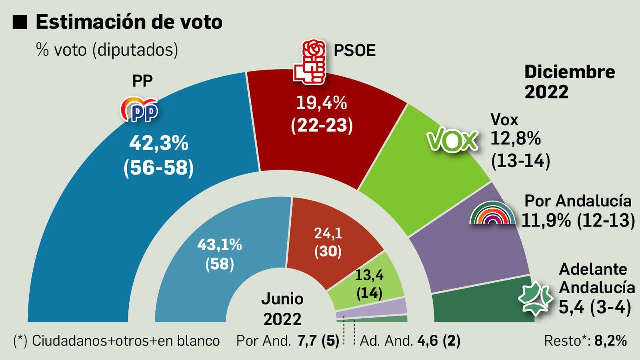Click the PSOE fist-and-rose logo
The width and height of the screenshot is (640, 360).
[x=309, y=62]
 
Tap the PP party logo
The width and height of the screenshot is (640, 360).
[x=139, y=109]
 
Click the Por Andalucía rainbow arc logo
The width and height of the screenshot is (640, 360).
[x=492, y=213]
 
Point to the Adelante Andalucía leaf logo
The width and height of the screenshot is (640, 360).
[x=535, y=298]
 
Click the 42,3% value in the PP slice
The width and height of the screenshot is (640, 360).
[x=159, y=143]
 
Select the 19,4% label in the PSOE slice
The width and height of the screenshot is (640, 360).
[x=321, y=103]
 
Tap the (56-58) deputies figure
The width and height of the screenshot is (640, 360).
[x=159, y=168]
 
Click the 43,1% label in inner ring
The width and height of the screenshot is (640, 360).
[x=220, y=244]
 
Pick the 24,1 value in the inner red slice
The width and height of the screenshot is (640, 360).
[x=328, y=233]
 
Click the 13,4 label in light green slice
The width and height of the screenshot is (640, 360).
[x=369, y=275]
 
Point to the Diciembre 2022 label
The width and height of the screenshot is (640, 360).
[x=569, y=82]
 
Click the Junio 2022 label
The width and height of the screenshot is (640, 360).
[x=282, y=309]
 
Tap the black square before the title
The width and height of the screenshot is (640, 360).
[x=20, y=22]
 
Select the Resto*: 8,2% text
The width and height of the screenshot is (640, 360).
[x=585, y=341]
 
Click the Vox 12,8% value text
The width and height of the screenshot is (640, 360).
[x=516, y=139]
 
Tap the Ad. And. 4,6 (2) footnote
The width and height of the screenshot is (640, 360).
[x=410, y=341]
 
